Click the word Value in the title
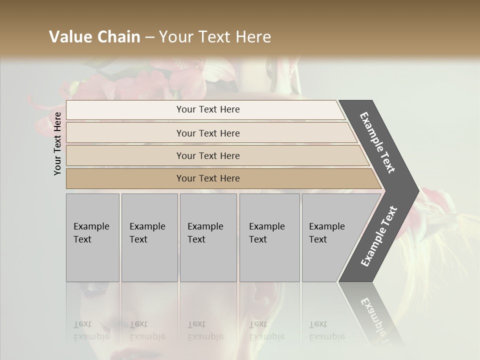(x=70, y=37)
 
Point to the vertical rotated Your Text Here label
(x=58, y=143)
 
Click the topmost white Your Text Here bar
(x=207, y=109)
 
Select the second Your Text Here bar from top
(x=207, y=133)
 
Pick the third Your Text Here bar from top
(x=207, y=155)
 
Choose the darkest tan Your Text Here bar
(x=207, y=178)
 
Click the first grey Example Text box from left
(x=92, y=237)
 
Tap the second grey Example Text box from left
(x=149, y=237)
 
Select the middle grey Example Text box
(x=208, y=237)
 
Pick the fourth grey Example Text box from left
(x=269, y=237)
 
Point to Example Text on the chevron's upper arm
(x=377, y=142)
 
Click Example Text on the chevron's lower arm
(x=379, y=236)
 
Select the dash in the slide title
(x=149, y=37)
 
